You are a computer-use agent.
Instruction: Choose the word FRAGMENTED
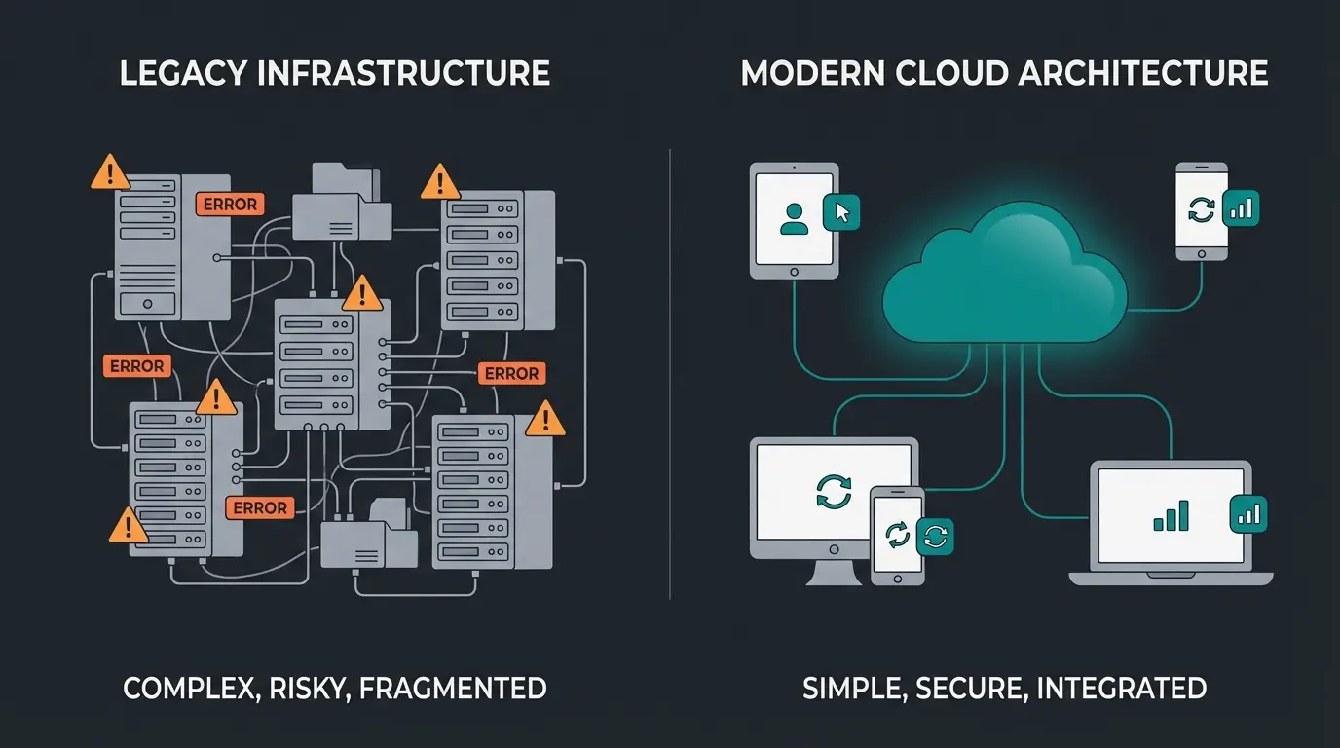point(453,689)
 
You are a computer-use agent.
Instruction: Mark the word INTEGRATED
point(1122,689)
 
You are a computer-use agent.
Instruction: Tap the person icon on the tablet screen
point(795,217)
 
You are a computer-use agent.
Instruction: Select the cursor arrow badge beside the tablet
point(842,211)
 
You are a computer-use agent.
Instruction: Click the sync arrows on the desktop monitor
point(834,491)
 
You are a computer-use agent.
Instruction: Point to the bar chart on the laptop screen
point(1171,515)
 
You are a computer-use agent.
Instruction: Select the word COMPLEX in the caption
point(186,689)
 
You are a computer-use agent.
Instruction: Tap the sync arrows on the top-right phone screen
point(1202,209)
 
